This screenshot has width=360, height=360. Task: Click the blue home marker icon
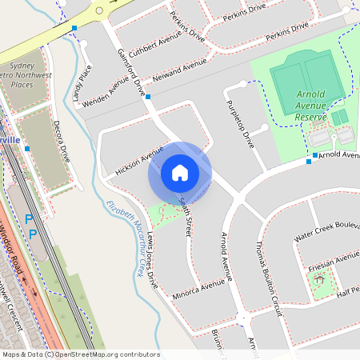click(180, 173)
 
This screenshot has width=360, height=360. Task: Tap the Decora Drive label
click(62, 142)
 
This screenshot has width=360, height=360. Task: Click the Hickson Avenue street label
click(138, 161)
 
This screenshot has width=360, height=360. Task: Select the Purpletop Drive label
click(240, 124)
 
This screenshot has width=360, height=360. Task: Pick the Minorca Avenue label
click(199, 290)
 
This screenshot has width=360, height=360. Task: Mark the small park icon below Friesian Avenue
click(320, 280)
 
